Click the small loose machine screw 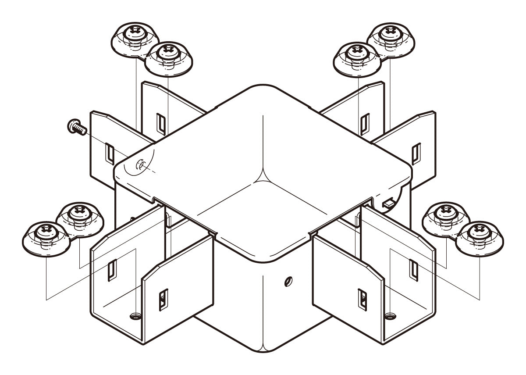[x=75, y=127]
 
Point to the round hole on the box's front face [x=287, y=281]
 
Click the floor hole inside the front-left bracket [x=135, y=315]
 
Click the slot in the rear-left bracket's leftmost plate [x=108, y=152]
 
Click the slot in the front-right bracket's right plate [x=413, y=269]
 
